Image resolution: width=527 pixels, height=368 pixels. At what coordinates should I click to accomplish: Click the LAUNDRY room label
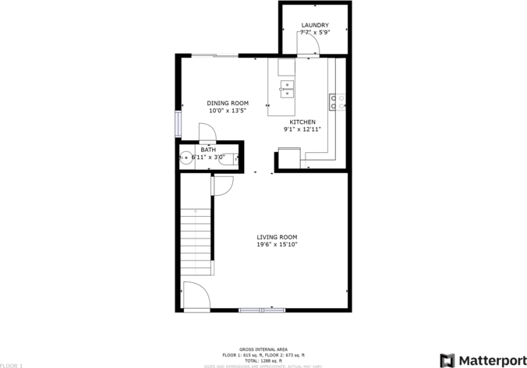(x=315, y=26)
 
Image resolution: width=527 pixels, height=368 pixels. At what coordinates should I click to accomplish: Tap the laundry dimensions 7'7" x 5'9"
(x=315, y=34)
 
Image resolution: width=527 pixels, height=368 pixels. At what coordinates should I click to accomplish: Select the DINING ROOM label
(x=227, y=103)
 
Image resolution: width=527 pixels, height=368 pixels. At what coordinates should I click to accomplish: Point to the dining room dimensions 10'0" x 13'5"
(x=227, y=111)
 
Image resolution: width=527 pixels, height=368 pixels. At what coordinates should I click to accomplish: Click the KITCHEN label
(x=302, y=122)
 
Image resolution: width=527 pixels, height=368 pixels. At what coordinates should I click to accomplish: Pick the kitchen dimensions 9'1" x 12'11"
(x=302, y=130)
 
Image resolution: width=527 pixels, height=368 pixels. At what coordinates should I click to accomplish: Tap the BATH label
(x=208, y=149)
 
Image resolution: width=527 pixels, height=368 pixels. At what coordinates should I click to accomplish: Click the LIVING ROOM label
(x=277, y=237)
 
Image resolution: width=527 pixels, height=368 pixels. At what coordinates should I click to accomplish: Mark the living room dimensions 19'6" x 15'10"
(x=277, y=245)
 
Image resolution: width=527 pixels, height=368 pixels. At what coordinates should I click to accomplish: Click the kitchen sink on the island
(x=287, y=88)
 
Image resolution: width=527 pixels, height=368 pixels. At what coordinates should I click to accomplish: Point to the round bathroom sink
(x=186, y=157)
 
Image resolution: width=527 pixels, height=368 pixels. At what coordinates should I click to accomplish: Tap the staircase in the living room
(x=196, y=239)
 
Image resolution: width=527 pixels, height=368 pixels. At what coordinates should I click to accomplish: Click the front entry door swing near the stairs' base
(x=196, y=295)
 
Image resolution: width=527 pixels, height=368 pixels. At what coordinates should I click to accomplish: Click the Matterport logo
(x=482, y=359)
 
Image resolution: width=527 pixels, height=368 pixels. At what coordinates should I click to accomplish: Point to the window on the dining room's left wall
(x=178, y=123)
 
